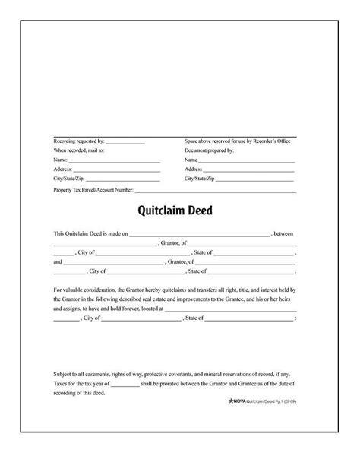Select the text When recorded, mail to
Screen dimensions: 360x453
[79, 151]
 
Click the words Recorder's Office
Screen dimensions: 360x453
[277, 142]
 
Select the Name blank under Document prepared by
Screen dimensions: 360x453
[246, 161]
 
